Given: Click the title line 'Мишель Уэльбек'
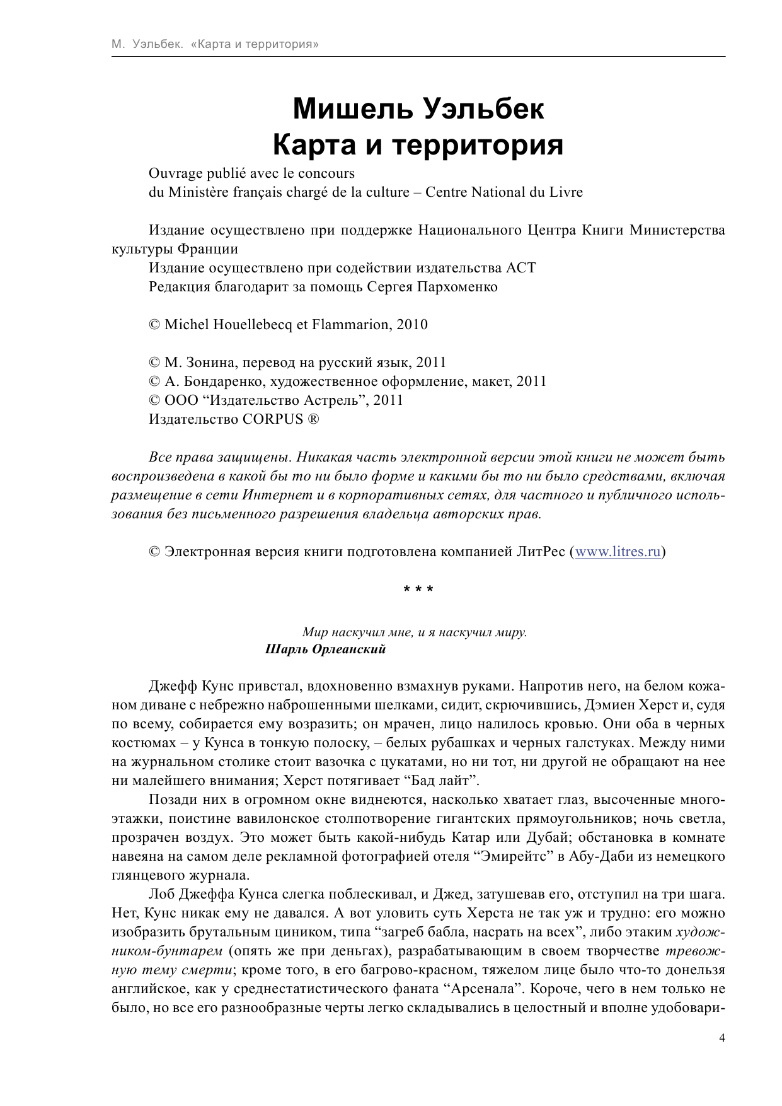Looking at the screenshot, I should (418, 109).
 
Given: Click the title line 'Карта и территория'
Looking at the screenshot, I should (418, 145).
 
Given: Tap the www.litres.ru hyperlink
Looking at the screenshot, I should (618, 552).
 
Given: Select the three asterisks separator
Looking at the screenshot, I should (418, 590).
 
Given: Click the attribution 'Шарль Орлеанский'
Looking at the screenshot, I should (325, 649).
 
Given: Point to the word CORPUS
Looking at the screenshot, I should (273, 419).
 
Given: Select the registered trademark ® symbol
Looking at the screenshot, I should (313, 419).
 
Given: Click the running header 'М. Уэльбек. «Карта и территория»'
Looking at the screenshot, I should (214, 45).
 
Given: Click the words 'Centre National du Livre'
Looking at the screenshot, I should (503, 192).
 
